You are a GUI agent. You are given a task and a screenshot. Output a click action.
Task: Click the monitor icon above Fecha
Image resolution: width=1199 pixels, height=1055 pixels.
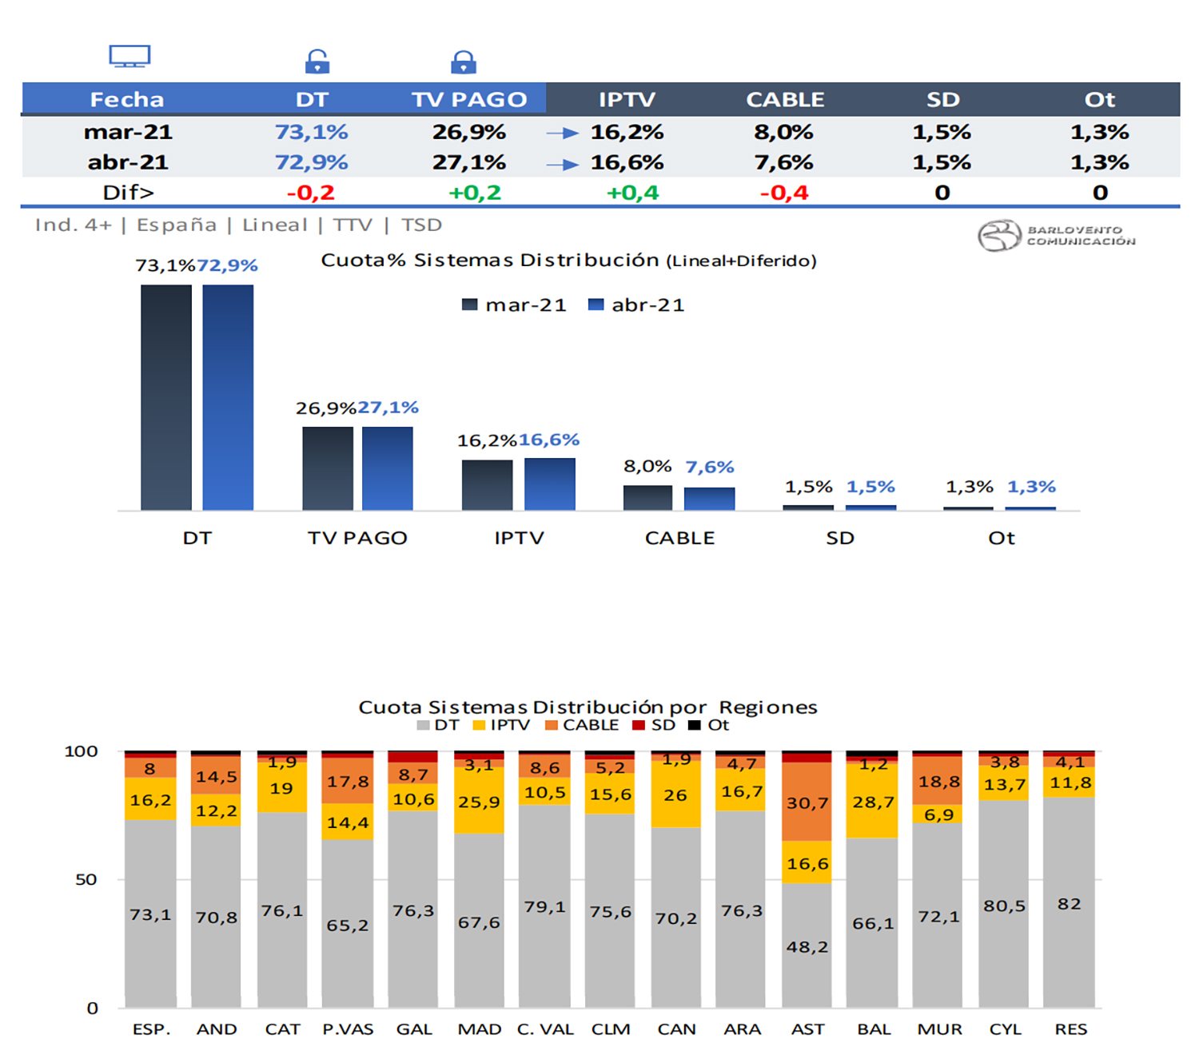(129, 56)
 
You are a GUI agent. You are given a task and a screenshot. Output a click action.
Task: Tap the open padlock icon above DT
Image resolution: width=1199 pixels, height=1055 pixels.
(317, 62)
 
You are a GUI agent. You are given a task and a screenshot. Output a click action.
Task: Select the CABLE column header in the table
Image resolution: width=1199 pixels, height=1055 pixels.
(785, 99)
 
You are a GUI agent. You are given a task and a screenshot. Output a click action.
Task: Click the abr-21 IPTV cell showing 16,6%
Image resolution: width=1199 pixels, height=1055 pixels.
(627, 162)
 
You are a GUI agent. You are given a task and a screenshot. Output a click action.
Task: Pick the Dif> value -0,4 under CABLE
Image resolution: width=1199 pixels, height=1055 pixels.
(784, 193)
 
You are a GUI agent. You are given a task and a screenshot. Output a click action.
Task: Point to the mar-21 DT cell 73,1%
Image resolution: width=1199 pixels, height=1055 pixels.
(311, 132)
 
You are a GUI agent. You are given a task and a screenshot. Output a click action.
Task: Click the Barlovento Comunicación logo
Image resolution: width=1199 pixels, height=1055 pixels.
(1055, 236)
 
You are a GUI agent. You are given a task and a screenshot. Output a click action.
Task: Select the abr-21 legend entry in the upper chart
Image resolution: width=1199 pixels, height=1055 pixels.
(636, 305)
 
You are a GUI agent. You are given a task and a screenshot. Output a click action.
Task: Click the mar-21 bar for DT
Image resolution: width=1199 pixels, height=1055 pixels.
(166, 397)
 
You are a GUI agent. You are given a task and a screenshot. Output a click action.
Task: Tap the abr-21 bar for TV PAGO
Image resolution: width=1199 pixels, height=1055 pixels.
(388, 468)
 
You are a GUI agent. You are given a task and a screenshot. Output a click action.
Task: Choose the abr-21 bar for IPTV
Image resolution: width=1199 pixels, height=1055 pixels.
(550, 484)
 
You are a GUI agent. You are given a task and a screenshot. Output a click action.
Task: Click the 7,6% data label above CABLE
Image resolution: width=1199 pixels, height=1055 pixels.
(710, 467)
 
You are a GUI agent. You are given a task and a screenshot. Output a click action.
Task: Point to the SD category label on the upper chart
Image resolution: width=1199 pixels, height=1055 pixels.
(840, 538)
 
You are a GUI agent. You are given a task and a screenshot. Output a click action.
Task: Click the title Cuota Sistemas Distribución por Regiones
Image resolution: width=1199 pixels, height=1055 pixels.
(588, 707)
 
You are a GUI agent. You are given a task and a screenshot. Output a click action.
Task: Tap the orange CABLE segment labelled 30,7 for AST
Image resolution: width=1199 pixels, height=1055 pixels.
(807, 802)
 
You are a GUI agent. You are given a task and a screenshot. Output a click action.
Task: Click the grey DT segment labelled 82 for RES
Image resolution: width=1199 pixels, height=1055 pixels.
(1069, 903)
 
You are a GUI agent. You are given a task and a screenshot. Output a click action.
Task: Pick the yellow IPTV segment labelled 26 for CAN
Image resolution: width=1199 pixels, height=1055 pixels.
(675, 794)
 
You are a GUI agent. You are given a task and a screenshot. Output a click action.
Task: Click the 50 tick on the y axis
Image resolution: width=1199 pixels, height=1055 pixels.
(86, 879)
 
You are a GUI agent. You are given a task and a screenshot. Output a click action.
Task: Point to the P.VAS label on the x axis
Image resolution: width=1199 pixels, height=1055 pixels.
(348, 1029)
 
